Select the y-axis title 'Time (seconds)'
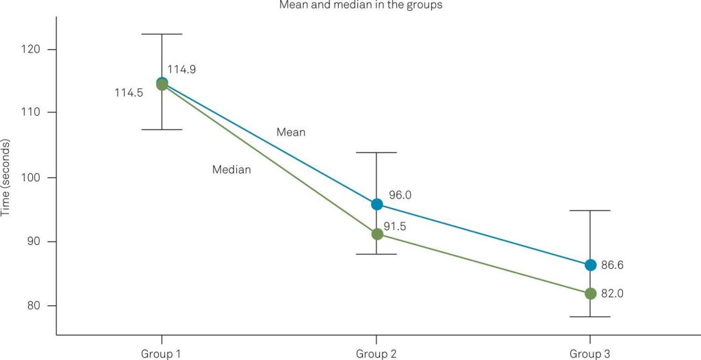5,177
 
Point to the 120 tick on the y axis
34,49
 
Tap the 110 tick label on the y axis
34,112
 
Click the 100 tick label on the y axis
34,177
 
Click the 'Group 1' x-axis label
162,353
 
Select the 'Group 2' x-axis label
376,353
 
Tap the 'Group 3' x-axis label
590,353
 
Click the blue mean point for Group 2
377,205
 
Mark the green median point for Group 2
377,234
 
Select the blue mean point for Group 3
591,265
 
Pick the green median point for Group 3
591,294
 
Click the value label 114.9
182,69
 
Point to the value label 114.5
129,92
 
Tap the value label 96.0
400,195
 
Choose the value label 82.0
613,294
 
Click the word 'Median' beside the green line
231,170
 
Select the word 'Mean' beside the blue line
291,132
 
